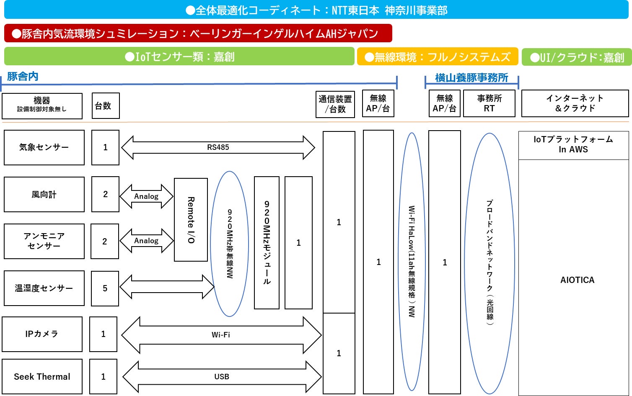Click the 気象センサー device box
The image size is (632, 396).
(x=44, y=147)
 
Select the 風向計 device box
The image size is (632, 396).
(x=44, y=194)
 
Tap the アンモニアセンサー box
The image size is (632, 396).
(x=44, y=241)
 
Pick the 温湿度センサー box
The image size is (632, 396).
(x=44, y=288)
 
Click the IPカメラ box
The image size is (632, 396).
(x=42, y=334)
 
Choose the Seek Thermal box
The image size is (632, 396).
(x=42, y=376)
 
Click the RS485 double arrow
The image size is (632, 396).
(x=218, y=147)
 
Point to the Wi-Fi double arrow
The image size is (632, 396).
(x=221, y=335)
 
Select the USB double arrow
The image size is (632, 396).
(x=222, y=376)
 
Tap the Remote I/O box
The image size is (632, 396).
(x=191, y=220)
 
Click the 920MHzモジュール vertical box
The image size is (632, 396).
(x=267, y=243)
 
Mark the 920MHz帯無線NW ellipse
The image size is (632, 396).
(x=230, y=244)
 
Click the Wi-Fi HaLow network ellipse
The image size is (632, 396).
(x=412, y=262)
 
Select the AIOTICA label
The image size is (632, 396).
(x=577, y=280)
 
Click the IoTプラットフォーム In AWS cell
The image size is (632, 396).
(x=573, y=145)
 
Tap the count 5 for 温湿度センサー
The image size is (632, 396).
(x=105, y=288)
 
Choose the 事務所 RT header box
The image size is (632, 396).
(x=489, y=103)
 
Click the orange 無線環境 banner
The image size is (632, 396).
(x=438, y=57)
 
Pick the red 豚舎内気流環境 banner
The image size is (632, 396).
(x=198, y=33)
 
